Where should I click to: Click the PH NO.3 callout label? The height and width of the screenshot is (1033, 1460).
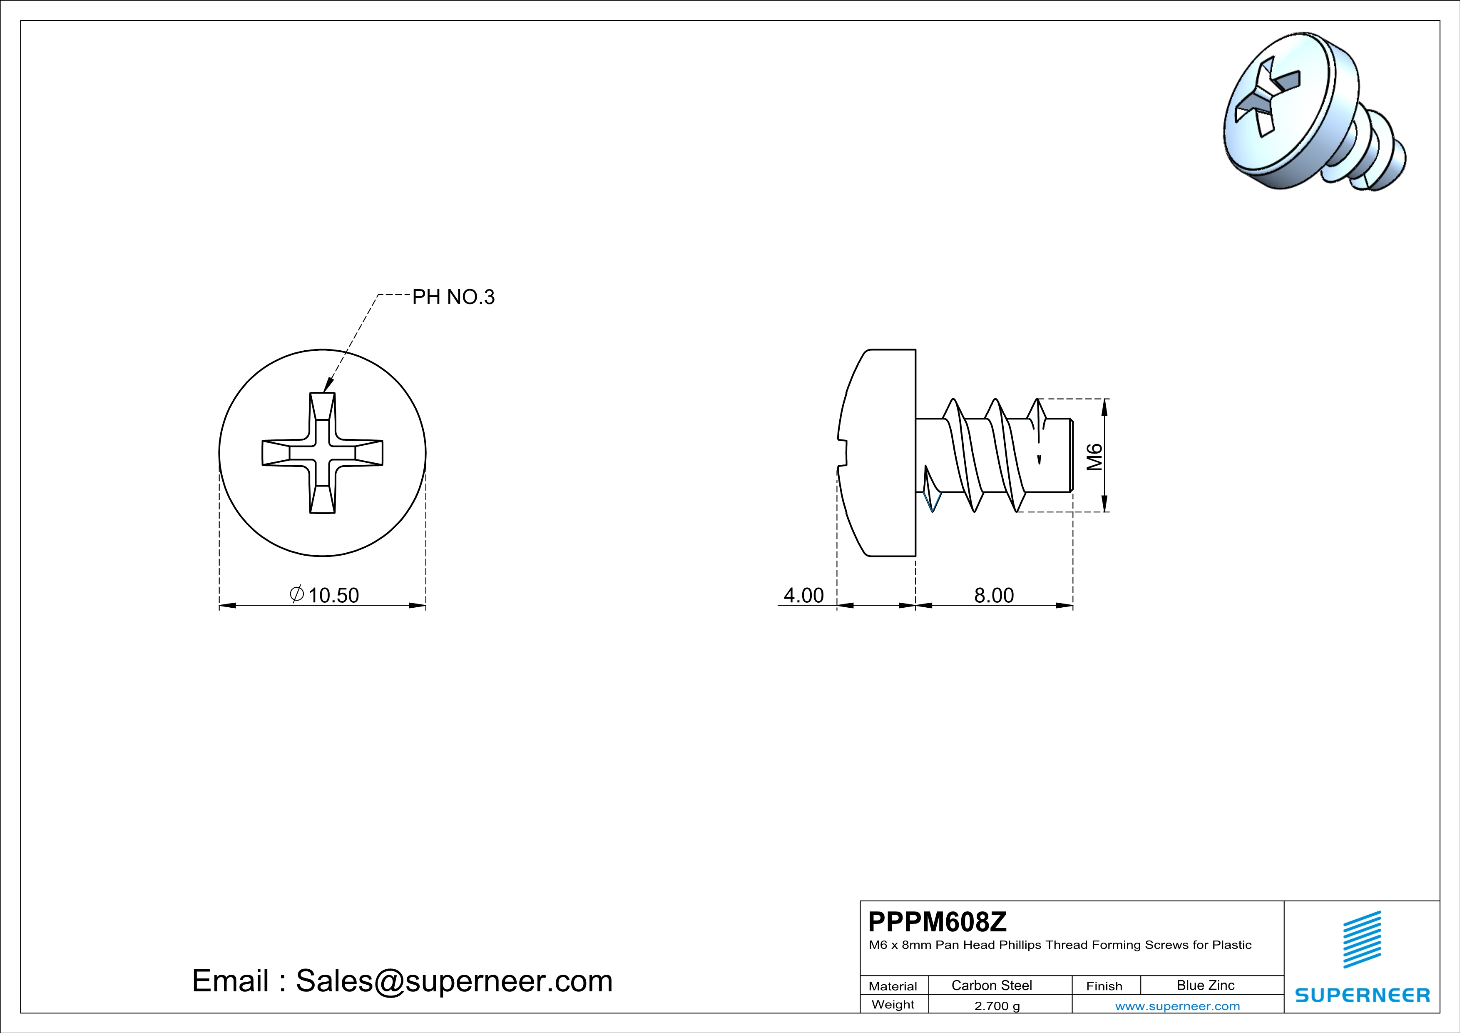click(x=453, y=297)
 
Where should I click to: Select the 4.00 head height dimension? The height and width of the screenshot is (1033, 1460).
click(x=803, y=595)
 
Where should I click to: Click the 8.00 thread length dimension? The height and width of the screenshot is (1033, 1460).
click(x=994, y=595)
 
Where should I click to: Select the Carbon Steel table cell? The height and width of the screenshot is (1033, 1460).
click(x=991, y=985)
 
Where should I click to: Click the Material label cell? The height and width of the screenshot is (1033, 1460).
click(x=893, y=986)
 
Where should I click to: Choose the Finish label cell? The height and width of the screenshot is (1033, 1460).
click(x=1104, y=986)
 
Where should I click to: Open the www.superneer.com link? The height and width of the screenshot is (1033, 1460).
click(x=1177, y=1006)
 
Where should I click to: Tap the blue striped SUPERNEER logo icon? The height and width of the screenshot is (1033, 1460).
click(x=1361, y=940)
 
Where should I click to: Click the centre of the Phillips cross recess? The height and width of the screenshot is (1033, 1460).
click(x=322, y=452)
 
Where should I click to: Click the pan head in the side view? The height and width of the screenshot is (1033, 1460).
click(x=881, y=452)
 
